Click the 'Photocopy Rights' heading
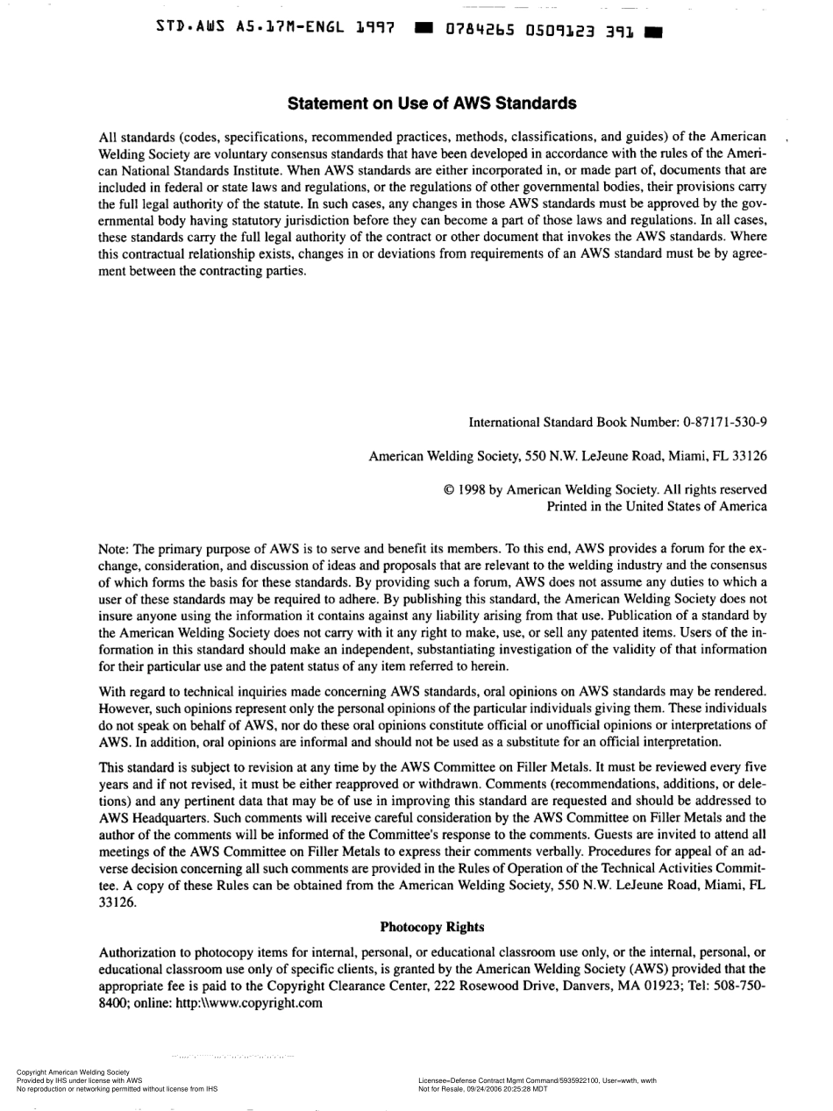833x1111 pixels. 432,926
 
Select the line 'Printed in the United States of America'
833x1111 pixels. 657,506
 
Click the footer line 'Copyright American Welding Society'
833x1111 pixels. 73,1072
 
